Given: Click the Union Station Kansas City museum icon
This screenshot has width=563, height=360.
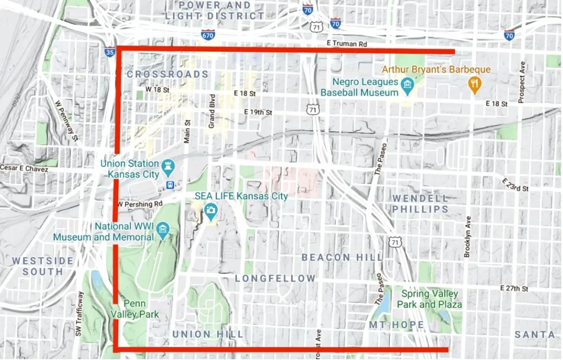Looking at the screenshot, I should click(x=168, y=165).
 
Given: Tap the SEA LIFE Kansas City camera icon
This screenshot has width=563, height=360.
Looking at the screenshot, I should click(x=210, y=210).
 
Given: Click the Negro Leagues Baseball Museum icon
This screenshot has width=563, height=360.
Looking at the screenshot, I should click(x=407, y=85).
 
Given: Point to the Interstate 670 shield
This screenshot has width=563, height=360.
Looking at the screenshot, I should click(x=208, y=35).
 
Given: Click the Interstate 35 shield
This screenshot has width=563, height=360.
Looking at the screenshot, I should click(x=109, y=52).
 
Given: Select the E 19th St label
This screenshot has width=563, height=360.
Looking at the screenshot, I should click(x=258, y=112).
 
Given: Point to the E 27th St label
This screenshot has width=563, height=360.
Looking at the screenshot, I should click(x=514, y=288).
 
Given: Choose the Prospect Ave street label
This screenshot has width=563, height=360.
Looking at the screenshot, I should click(x=522, y=82).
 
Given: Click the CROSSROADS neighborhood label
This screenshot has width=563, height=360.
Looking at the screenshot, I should click(x=167, y=74).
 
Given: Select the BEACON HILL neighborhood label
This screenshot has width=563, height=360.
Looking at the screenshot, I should click(x=342, y=257).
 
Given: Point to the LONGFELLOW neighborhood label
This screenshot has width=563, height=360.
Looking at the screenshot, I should click(x=275, y=279).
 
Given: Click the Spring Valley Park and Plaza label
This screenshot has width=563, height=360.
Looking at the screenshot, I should click(x=431, y=299).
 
